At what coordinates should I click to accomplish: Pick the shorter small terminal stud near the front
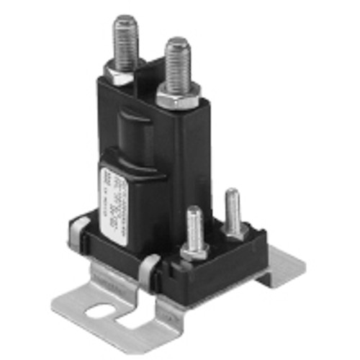(x=194, y=227)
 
